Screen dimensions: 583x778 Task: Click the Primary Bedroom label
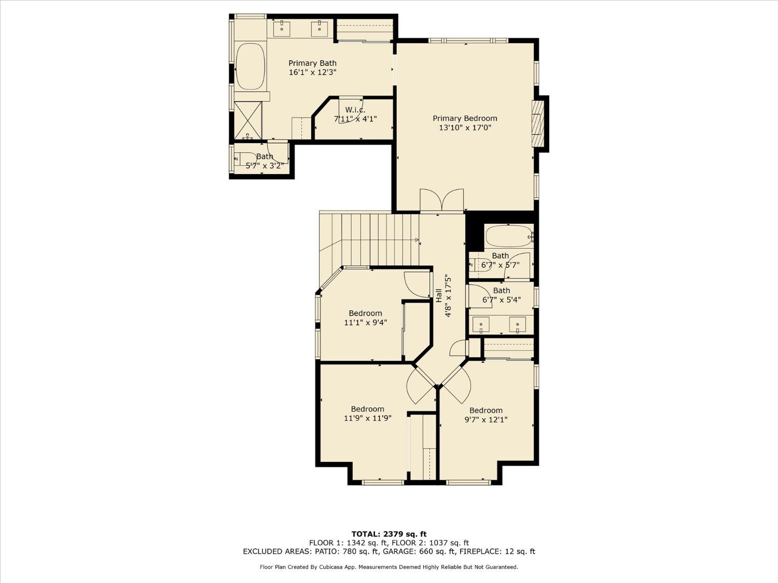pyautogui.click(x=465, y=119)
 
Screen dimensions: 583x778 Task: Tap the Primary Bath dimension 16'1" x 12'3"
pyautogui.click(x=312, y=73)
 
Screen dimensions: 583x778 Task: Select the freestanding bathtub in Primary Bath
pyautogui.click(x=250, y=67)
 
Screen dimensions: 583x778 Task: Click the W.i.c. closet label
pyautogui.click(x=355, y=110)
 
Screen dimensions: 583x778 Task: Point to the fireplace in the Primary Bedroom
pyautogui.click(x=537, y=123)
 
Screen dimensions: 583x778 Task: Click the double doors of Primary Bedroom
pyautogui.click(x=441, y=201)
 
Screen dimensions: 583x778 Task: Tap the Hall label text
pyautogui.click(x=439, y=295)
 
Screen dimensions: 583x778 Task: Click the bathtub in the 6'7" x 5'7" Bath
pyautogui.click(x=509, y=237)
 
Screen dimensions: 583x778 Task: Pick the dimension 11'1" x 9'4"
pyautogui.click(x=365, y=322)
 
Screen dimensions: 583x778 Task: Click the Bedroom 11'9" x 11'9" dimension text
pyautogui.click(x=367, y=418)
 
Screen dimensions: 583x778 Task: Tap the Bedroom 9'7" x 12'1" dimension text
pyautogui.click(x=485, y=420)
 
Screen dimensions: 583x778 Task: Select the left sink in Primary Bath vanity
pyautogui.click(x=282, y=28)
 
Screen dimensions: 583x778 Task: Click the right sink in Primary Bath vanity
pyautogui.click(x=319, y=28)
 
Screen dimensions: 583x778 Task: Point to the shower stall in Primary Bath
pyautogui.click(x=248, y=121)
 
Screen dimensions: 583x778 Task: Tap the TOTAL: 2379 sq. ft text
pyautogui.click(x=388, y=534)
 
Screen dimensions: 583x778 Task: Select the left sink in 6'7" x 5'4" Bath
pyautogui.click(x=481, y=324)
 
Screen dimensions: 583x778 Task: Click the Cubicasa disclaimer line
pyautogui.click(x=388, y=567)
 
